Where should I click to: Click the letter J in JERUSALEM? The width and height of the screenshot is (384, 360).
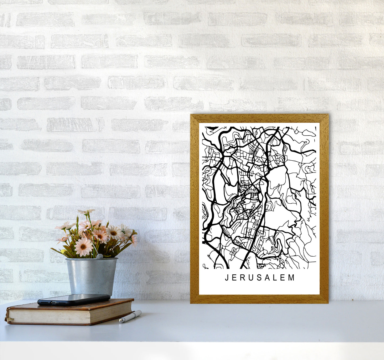click(227, 278)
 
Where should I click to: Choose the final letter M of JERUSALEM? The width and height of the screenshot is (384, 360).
click(292, 278)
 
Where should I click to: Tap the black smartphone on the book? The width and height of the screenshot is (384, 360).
click(74, 299)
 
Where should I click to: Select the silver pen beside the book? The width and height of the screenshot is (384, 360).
click(130, 316)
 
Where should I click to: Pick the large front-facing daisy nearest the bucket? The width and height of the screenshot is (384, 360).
click(83, 246)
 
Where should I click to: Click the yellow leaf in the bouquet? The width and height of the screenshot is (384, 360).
click(63, 252)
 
